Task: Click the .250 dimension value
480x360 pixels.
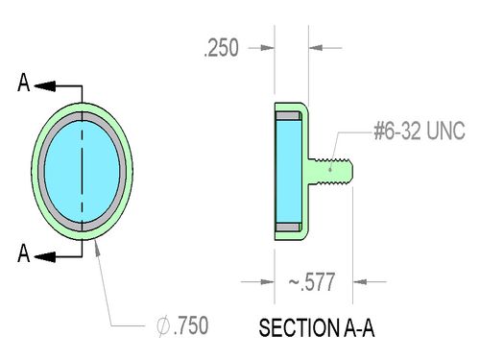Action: point(222,48)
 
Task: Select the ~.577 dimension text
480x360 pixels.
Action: point(312,282)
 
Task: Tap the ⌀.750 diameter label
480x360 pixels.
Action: point(182,325)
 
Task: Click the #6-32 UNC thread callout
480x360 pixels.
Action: point(420,131)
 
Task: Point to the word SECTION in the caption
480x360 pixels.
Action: point(300,328)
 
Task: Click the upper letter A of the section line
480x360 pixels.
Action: point(24,83)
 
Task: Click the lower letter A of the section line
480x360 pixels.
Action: point(24,253)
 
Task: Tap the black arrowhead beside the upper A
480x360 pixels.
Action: point(45,86)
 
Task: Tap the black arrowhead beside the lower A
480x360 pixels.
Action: point(45,256)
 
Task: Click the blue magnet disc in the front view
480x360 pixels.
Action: point(82,171)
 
